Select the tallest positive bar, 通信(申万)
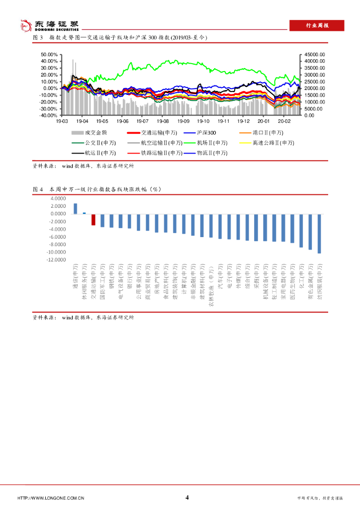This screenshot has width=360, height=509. [x=75, y=208]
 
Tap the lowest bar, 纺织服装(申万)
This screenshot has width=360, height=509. [x=319, y=233]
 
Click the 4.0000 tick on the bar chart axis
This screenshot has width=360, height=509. [x=58, y=198]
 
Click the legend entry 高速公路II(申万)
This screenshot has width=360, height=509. [x=267, y=143]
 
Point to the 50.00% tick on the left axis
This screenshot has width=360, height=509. [x=49, y=55]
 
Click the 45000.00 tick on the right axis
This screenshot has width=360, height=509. [x=315, y=55]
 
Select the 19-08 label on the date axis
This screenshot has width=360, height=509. [x=163, y=121]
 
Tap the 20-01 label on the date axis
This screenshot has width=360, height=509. [x=264, y=121]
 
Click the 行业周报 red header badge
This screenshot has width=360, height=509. [x=317, y=25]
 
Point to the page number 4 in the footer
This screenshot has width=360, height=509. [x=187, y=498]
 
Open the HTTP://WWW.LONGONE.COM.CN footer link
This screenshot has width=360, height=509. [x=51, y=498]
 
